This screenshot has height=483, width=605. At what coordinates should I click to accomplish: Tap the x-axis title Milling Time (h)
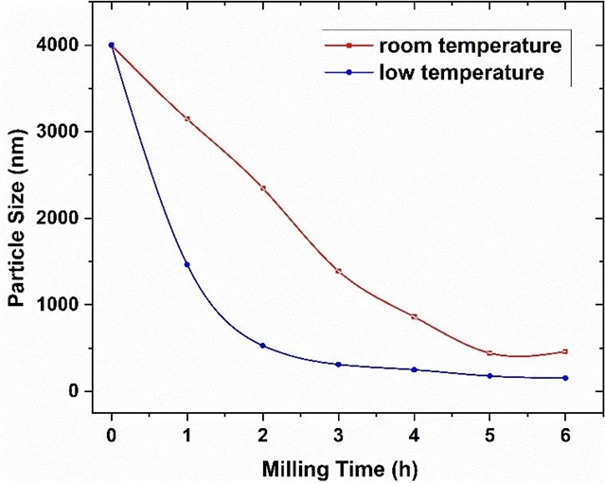[339, 466]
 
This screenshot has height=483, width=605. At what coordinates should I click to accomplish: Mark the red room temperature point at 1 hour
[187, 118]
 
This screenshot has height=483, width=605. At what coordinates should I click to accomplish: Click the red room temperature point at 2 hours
[263, 188]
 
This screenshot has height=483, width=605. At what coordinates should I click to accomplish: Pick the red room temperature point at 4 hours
[415, 316]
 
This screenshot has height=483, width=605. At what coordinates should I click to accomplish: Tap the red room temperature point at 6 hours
[566, 351]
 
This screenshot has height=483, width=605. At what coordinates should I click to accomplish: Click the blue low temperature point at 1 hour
[187, 264]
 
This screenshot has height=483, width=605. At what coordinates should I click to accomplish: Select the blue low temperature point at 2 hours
[263, 346]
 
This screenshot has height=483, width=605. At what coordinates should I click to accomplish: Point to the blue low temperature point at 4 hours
[415, 369]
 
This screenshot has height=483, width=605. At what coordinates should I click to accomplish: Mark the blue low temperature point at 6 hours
[566, 378]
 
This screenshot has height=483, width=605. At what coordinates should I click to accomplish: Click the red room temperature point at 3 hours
[339, 271]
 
